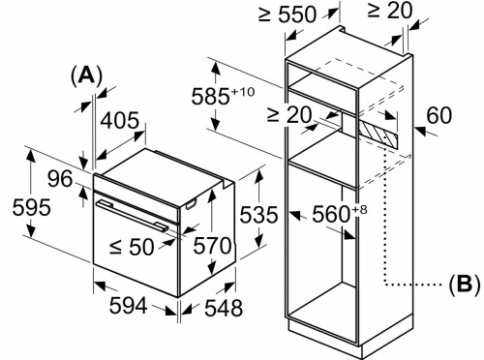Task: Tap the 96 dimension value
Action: click(60, 179)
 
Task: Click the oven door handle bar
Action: click(136, 213)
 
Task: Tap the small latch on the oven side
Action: click(191, 202)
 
